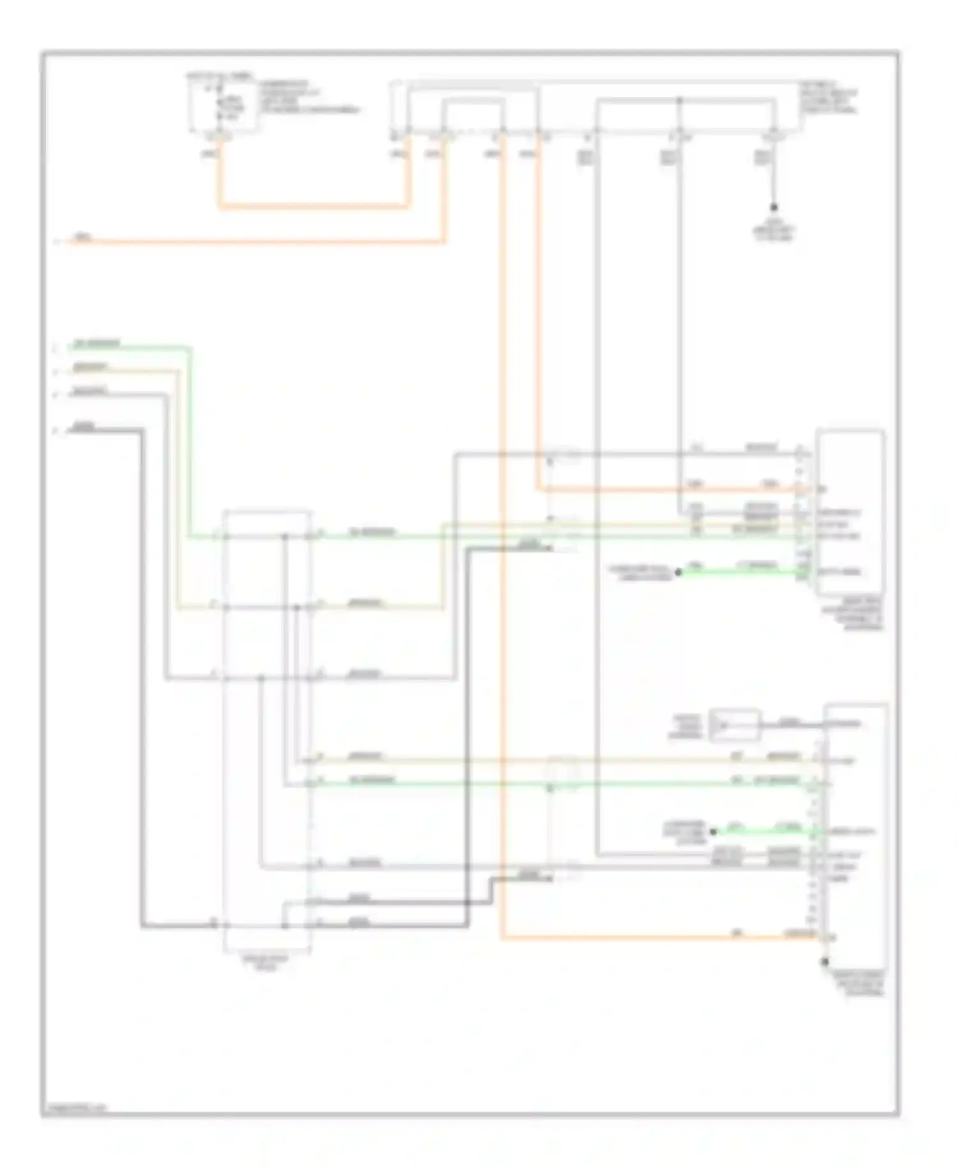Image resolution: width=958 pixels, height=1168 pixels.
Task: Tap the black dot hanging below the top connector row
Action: point(773,207)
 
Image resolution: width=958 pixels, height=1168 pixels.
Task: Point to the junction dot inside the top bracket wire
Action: point(679,100)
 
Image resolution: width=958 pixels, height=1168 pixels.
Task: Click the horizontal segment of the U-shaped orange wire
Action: point(313,206)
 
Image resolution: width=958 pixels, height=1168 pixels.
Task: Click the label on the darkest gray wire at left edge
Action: point(84,426)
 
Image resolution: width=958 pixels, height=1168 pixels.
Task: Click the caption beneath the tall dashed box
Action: point(267,963)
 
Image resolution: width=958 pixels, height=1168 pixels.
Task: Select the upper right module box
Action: point(849,511)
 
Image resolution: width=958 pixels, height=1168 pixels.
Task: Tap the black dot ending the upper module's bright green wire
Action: point(678,572)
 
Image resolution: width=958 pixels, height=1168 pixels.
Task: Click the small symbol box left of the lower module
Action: point(734,725)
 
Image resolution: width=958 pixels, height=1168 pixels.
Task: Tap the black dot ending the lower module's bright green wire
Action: point(713,831)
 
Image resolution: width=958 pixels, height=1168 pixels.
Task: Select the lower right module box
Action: point(855,831)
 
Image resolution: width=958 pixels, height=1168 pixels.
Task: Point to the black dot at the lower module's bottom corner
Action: point(825,962)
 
